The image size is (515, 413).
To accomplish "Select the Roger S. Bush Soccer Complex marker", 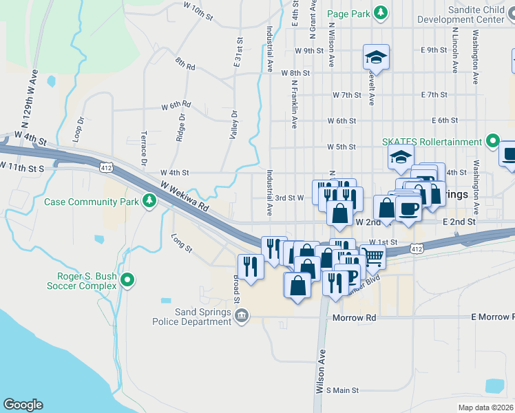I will click(127, 280).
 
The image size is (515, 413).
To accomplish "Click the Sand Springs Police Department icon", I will click(241, 316).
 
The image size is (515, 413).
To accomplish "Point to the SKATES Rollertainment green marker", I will click(492, 142).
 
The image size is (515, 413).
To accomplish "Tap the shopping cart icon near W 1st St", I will click(372, 256).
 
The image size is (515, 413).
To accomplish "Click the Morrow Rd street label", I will click(355, 318).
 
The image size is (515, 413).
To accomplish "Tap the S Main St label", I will click(342, 390).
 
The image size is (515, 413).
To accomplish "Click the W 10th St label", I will click(199, 10).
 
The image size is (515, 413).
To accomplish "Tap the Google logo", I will click(23, 405).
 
